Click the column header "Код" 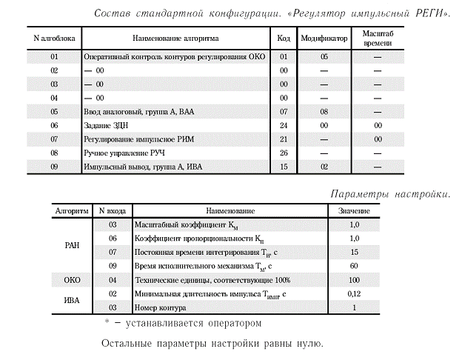[x=283, y=36]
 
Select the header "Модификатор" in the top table [x=324, y=36]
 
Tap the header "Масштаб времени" [x=378, y=36]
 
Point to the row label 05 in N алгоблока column [x=54, y=112]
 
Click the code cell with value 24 [x=283, y=126]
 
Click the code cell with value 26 [x=283, y=153]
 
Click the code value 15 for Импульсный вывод [x=283, y=167]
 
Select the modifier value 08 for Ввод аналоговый [x=324, y=112]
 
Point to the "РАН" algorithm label [x=73, y=244]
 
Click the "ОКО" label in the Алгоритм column [x=73, y=280]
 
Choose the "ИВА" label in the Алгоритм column [x=73, y=300]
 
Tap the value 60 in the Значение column [x=354, y=266]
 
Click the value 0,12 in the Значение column [x=354, y=294]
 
